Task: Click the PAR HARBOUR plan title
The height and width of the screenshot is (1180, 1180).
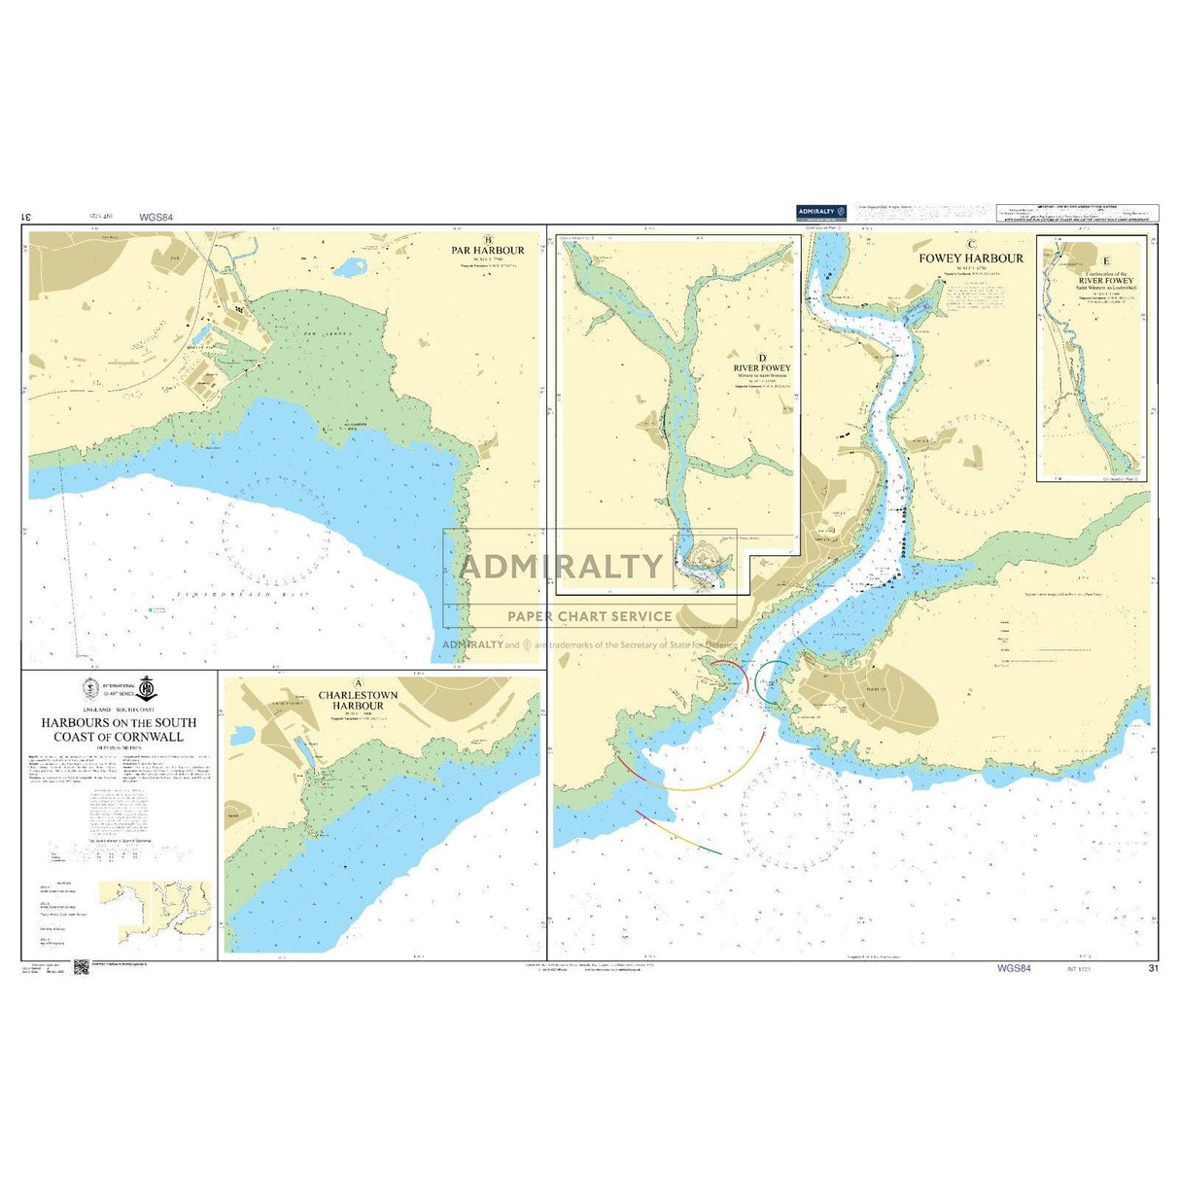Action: coord(488,251)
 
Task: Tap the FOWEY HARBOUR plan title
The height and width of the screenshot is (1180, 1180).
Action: coord(970,259)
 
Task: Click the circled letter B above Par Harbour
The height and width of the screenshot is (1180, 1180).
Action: coord(488,239)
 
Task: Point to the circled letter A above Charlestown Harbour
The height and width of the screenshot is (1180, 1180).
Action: coord(359,683)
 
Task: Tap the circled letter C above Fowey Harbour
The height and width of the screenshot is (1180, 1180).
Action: coord(970,245)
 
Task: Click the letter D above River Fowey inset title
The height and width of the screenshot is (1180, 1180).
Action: coord(763,357)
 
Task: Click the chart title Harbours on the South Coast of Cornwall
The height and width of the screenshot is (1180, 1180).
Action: coord(118,729)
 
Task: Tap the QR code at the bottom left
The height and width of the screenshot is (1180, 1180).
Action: coord(81,966)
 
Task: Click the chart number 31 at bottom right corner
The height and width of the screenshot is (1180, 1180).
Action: coord(1153,968)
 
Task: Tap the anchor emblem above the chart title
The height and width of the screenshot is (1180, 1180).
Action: coord(146,688)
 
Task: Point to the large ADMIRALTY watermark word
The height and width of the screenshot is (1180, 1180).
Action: coord(560,566)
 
